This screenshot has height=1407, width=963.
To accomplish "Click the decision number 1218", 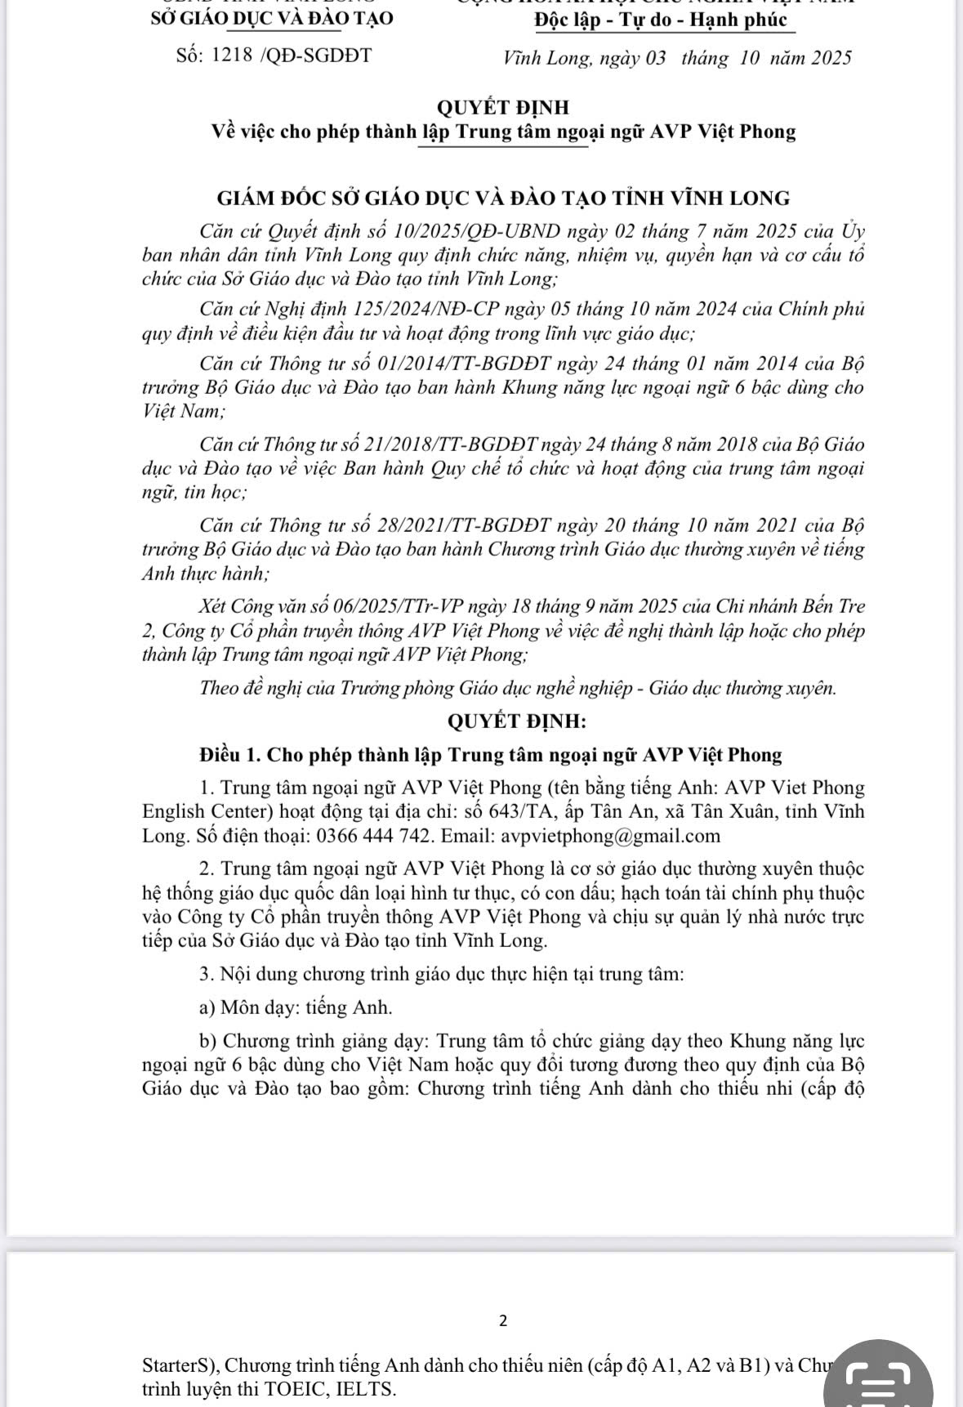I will point(231,56).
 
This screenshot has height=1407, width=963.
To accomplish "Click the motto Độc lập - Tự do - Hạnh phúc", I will point(661,20).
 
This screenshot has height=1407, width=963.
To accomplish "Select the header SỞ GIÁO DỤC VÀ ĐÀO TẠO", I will point(272,18).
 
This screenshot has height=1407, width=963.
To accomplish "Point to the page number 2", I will point(502,1320).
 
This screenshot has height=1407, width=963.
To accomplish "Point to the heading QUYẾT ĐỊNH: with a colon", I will point(516,721).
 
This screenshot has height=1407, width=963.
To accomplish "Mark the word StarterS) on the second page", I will point(178,1365).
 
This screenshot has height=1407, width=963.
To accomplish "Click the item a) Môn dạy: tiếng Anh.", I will point(296,1007).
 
